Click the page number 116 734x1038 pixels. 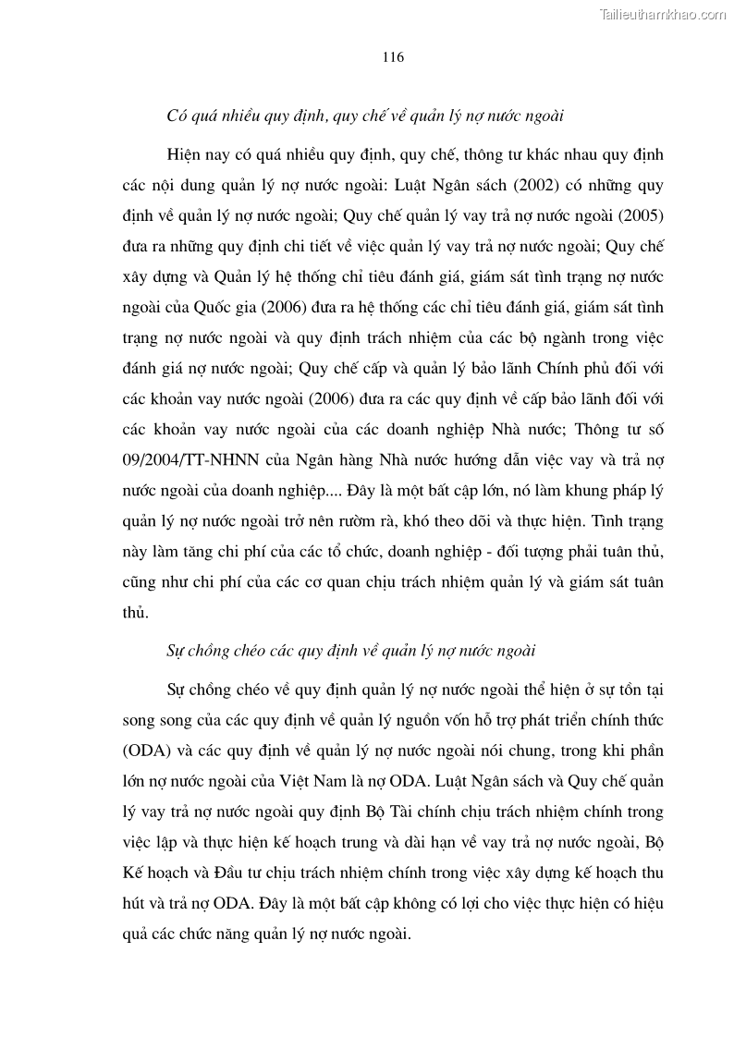tap(393, 57)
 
